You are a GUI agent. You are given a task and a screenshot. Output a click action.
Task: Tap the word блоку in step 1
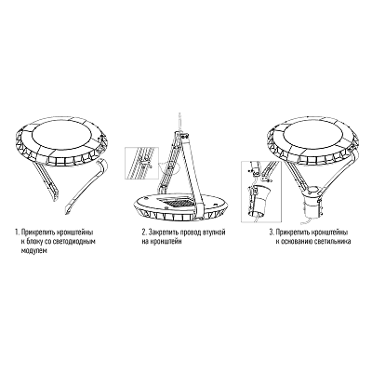point(34,242)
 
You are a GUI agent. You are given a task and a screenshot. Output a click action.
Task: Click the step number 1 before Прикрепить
point(17,232)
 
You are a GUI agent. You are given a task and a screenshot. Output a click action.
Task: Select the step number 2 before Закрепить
point(144,232)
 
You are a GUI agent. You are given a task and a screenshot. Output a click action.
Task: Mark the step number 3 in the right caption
point(272,232)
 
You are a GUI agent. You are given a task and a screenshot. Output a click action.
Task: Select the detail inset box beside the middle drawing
point(139,164)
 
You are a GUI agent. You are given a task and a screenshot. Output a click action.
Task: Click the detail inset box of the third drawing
point(261,191)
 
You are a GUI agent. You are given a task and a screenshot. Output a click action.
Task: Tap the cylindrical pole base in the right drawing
point(313,208)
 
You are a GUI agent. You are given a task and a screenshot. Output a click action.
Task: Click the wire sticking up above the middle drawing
point(179,121)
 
